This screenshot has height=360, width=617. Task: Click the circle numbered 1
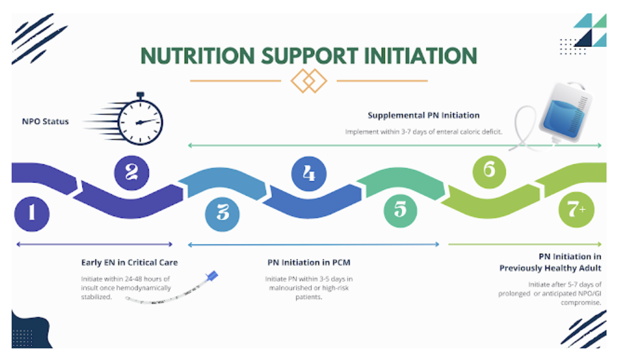(32, 213)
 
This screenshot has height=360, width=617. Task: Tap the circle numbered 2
(131, 172)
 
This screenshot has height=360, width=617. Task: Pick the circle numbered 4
(308, 173)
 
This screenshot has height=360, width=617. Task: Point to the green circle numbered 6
(489, 171)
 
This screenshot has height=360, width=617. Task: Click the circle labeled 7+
(576, 210)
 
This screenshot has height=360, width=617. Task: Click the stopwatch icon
(139, 120)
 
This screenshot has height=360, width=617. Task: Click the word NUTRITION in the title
(198, 56)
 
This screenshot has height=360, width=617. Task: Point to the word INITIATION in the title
(421, 56)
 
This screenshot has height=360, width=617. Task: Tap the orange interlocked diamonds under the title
(308, 81)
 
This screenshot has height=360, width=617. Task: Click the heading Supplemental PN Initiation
(424, 116)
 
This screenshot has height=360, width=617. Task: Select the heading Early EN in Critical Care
(130, 262)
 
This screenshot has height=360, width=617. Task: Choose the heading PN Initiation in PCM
(308, 262)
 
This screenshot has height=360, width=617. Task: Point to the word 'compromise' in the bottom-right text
(581, 303)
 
